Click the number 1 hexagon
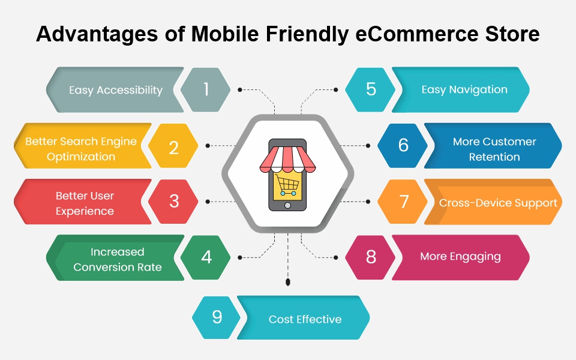point(206,89)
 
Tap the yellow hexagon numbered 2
point(173,146)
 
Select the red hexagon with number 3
point(173,202)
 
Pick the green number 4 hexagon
point(206,257)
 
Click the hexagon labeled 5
point(370,89)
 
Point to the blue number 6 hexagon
point(403,146)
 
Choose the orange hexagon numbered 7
point(403,202)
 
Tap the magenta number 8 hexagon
point(370,257)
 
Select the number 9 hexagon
point(217,317)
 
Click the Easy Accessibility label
point(116,90)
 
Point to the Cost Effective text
point(305,319)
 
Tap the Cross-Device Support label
point(498,203)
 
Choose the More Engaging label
point(460,256)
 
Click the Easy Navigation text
point(464,89)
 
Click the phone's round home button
point(288,205)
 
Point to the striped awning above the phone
point(287,157)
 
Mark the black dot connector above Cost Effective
point(288,281)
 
